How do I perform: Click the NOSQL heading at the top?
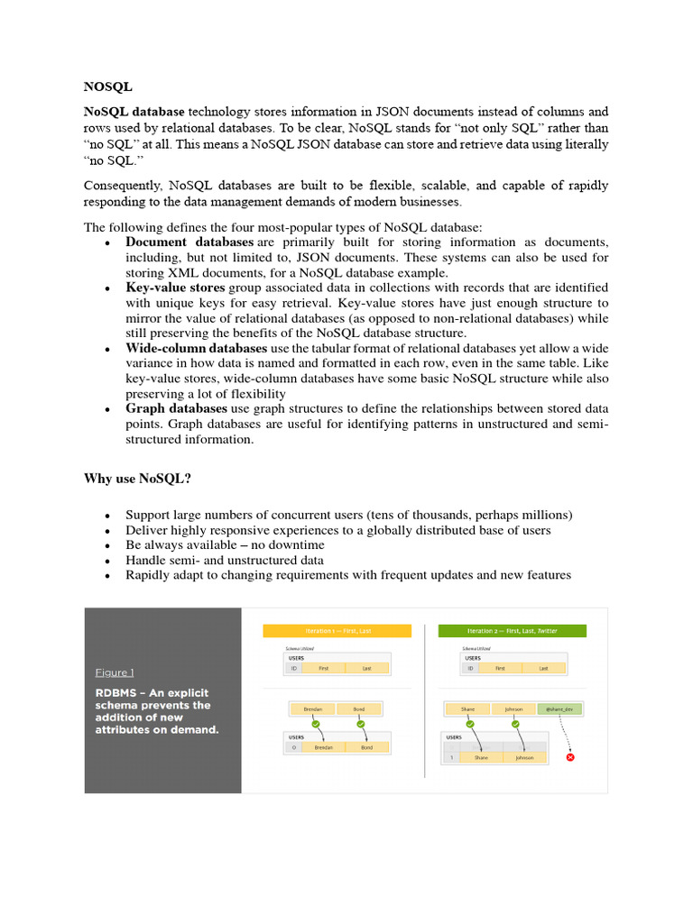(107, 87)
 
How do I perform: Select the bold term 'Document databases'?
(189, 242)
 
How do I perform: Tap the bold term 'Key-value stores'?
(175, 288)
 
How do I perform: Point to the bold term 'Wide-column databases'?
(196, 348)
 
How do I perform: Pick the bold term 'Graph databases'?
(176, 408)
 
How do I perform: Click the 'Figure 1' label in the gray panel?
(115, 672)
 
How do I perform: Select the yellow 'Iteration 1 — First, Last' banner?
(337, 631)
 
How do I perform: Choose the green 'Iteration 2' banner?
(513, 631)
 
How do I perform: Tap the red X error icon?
(569, 757)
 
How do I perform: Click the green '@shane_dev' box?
(560, 709)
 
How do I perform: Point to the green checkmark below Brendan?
(312, 724)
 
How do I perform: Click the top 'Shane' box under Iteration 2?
(467, 709)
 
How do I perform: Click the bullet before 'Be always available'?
(108, 546)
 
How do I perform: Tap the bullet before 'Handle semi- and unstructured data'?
(108, 561)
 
